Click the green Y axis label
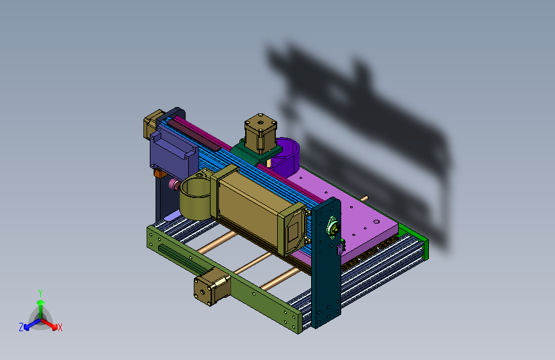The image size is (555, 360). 40,293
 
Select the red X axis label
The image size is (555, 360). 60,327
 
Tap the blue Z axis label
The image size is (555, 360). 21,327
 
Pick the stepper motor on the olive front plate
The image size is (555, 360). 212,286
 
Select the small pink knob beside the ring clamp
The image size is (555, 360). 174,184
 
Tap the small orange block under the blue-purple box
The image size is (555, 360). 159,173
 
